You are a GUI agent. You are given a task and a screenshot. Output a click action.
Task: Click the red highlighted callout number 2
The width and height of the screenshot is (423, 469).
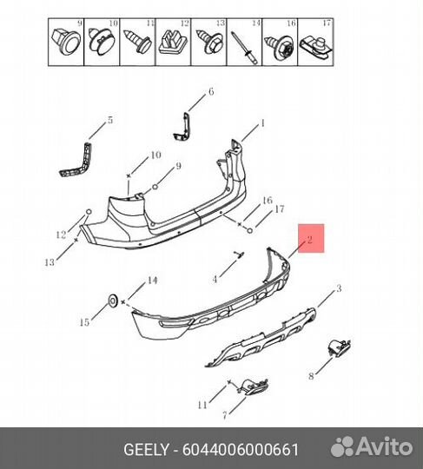[309, 240]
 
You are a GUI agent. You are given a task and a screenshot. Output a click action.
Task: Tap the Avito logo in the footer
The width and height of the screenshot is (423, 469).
[372, 447]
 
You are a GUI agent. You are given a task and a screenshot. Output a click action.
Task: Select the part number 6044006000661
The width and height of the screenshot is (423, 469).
[241, 449]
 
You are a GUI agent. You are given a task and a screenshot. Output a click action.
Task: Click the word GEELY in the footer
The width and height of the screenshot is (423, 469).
[146, 449]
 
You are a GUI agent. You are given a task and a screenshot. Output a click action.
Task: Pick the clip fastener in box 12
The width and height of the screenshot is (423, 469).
[173, 43]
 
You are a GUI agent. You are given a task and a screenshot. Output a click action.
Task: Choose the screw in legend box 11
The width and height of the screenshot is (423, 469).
[137, 42]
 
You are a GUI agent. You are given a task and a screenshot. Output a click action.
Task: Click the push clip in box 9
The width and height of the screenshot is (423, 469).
[65, 42]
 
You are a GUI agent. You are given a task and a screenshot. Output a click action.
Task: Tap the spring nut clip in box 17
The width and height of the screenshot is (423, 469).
[316, 47]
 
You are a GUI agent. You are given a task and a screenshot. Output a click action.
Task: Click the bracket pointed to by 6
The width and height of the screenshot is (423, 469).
[183, 127]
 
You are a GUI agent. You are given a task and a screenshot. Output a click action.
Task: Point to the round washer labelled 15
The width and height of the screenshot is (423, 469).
[113, 301]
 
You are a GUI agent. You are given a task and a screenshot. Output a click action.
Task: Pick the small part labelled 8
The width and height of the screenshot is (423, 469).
[339, 347]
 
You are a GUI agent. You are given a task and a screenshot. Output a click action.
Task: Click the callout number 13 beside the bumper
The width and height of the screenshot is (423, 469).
[50, 262]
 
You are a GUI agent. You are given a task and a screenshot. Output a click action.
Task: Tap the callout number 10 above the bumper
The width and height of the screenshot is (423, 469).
[155, 155]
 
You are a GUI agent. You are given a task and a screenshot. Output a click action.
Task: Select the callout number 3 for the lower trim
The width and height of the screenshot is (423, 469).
[339, 288]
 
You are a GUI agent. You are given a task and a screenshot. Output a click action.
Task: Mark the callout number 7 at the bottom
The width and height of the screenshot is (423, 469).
[225, 415]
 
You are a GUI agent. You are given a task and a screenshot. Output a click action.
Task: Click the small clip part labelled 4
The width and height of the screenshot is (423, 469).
[239, 254]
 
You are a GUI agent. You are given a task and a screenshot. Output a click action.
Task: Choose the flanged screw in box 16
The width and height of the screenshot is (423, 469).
[280, 46]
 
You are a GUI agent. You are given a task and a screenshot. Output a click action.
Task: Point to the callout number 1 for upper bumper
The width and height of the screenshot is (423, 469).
[262, 123]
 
